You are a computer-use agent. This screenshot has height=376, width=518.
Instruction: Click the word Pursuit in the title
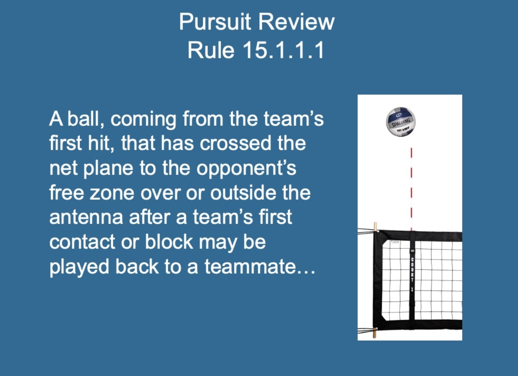click(x=215, y=22)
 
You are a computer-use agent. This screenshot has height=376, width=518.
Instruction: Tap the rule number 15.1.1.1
click(x=283, y=50)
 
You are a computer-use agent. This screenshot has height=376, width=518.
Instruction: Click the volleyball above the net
click(x=401, y=122)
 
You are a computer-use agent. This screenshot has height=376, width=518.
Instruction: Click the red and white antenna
click(x=411, y=189)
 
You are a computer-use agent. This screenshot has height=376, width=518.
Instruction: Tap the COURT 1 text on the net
click(x=412, y=274)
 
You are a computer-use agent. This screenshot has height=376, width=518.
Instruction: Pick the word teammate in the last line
click(x=250, y=267)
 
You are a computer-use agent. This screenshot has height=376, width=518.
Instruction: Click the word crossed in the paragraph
click(x=235, y=143)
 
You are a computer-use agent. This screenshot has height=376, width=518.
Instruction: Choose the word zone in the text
click(x=112, y=194)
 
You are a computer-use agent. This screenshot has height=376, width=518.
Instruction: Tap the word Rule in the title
click(x=211, y=50)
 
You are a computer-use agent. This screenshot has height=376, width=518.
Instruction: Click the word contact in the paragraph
click(x=82, y=242)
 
